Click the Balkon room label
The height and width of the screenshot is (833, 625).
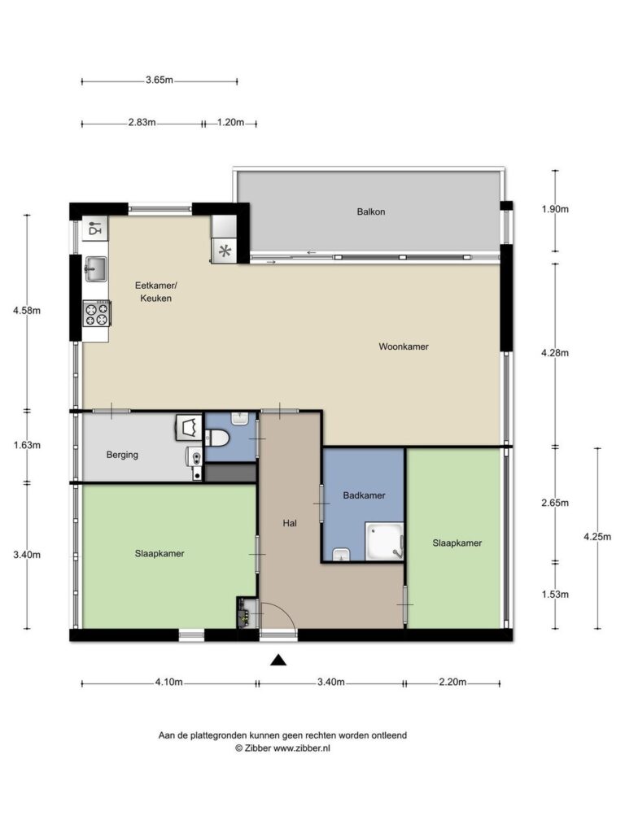pyautogui.click(x=371, y=212)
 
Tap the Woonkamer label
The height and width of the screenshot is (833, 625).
pyautogui.click(x=404, y=347)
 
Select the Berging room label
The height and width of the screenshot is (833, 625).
pyautogui.click(x=122, y=455)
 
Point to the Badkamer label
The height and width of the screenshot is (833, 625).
pyautogui.click(x=364, y=495)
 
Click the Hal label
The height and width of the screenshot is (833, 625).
pyautogui.click(x=290, y=523)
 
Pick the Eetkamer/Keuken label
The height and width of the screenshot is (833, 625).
pyautogui.click(x=155, y=292)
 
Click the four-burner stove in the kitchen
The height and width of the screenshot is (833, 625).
pyautogui.click(x=97, y=313)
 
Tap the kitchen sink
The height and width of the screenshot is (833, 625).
pyautogui.click(x=96, y=268)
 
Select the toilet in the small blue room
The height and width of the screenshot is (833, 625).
pyautogui.click(x=218, y=438)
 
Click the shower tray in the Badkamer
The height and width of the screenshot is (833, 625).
pyautogui.click(x=384, y=541)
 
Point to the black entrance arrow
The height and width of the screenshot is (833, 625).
pyautogui.click(x=278, y=661)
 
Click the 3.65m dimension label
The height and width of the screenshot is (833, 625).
pyautogui.click(x=160, y=81)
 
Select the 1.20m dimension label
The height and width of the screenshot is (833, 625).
pyautogui.click(x=230, y=122)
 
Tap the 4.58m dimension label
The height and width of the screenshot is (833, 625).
pyautogui.click(x=27, y=311)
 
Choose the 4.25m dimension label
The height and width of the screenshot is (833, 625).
pyautogui.click(x=597, y=537)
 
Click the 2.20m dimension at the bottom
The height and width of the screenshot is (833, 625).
pyautogui.click(x=452, y=683)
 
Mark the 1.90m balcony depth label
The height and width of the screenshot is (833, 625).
pyautogui.click(x=555, y=209)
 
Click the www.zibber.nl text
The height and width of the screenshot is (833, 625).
pyautogui.click(x=301, y=748)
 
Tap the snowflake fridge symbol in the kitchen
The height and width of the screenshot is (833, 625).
pyautogui.click(x=225, y=251)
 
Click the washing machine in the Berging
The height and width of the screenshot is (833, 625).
pyautogui.click(x=189, y=428)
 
